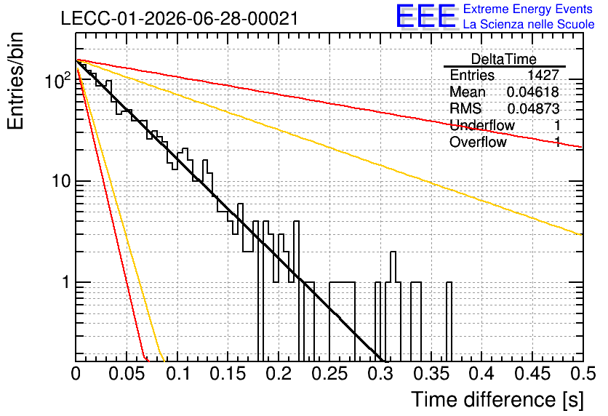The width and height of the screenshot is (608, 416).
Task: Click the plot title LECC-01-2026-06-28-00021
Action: tap(180, 18)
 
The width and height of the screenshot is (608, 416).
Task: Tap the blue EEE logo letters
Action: tap(425, 16)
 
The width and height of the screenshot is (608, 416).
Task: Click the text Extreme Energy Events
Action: tap(528, 9)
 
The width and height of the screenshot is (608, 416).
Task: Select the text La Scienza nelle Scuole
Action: tap(529, 24)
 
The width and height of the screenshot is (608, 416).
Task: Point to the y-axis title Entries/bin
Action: tap(15, 81)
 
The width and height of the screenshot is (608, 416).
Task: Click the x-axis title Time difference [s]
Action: tap(497, 399)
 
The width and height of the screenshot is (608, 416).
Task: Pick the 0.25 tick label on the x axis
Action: tap(330, 374)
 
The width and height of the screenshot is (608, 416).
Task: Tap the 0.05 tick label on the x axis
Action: tap(127, 374)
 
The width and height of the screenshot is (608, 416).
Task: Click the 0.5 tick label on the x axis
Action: tap(583, 374)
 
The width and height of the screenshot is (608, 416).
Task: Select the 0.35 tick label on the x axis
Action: tap(431, 374)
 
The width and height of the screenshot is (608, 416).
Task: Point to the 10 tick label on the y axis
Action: tap(62, 181)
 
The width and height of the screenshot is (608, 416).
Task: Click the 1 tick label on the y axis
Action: tap(66, 282)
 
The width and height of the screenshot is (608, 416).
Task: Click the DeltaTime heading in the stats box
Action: tap(504, 60)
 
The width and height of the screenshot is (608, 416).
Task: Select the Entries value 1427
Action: tap(543, 75)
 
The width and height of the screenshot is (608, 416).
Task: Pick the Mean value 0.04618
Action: tap(533, 92)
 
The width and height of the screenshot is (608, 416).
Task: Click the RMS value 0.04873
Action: tap(533, 109)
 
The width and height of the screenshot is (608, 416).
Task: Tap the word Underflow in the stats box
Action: tap(482, 125)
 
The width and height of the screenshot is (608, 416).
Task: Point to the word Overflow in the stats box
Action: tap(478, 142)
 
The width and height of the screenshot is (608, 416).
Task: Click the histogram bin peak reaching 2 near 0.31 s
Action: tap(393, 252)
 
